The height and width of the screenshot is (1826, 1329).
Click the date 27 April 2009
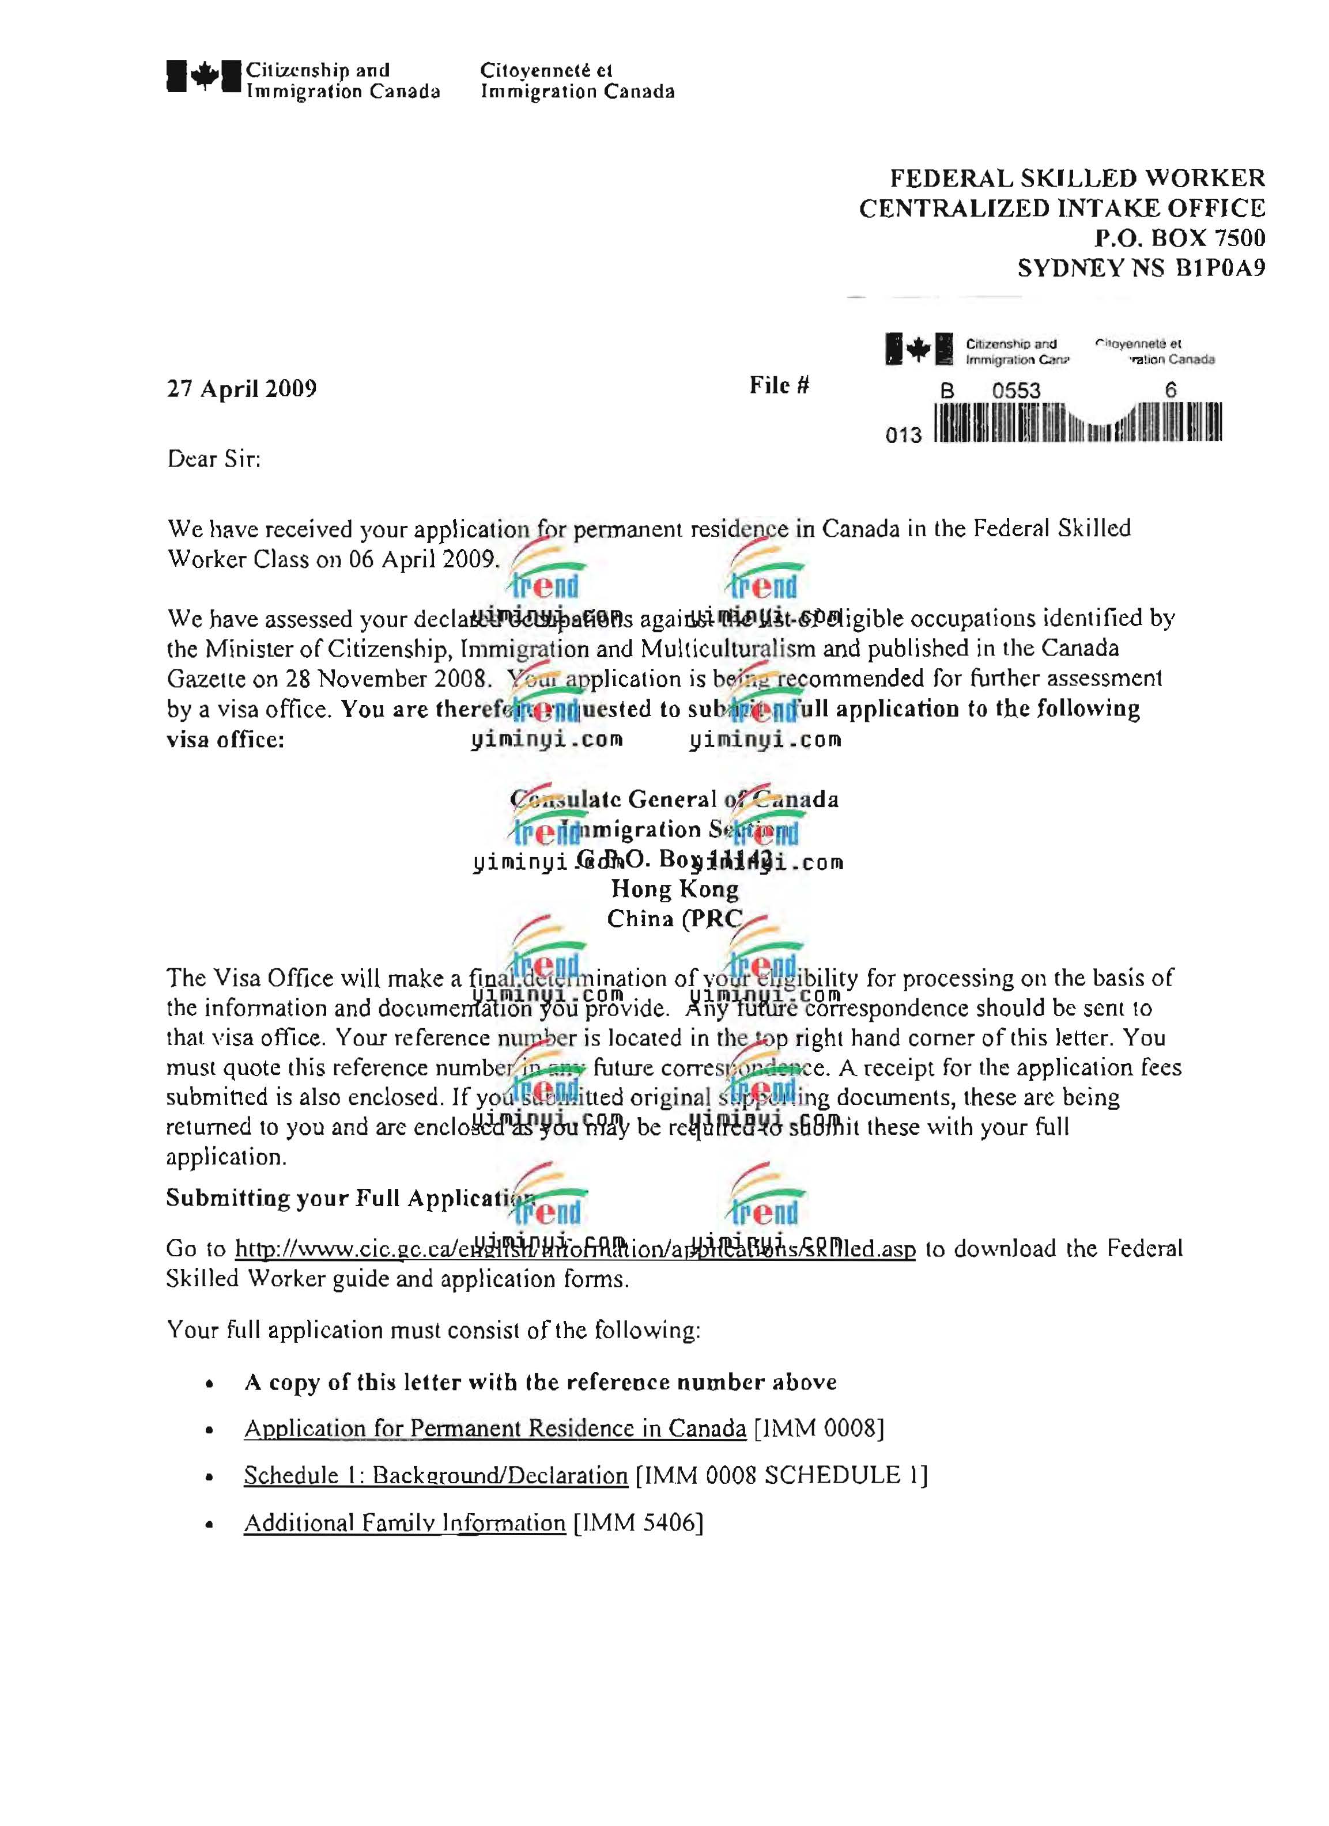pos(241,389)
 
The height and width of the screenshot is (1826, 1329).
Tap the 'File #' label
pos(779,386)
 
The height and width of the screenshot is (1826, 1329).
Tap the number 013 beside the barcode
pos(903,435)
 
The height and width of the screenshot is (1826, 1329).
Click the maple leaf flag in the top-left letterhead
pos(204,77)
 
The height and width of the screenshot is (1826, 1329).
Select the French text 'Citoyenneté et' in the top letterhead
pos(546,70)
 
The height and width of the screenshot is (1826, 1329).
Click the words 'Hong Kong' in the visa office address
pos(675,889)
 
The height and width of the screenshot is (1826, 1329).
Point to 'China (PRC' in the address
pos(674,919)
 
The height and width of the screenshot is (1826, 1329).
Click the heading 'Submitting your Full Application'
pos(350,1199)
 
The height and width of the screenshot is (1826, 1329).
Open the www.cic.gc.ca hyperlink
pos(575,1249)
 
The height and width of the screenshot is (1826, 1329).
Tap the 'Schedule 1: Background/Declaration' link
pos(436,1476)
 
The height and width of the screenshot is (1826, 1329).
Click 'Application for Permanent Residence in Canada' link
pos(494,1429)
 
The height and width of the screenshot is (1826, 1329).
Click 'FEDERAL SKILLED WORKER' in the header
pos(1077,178)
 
